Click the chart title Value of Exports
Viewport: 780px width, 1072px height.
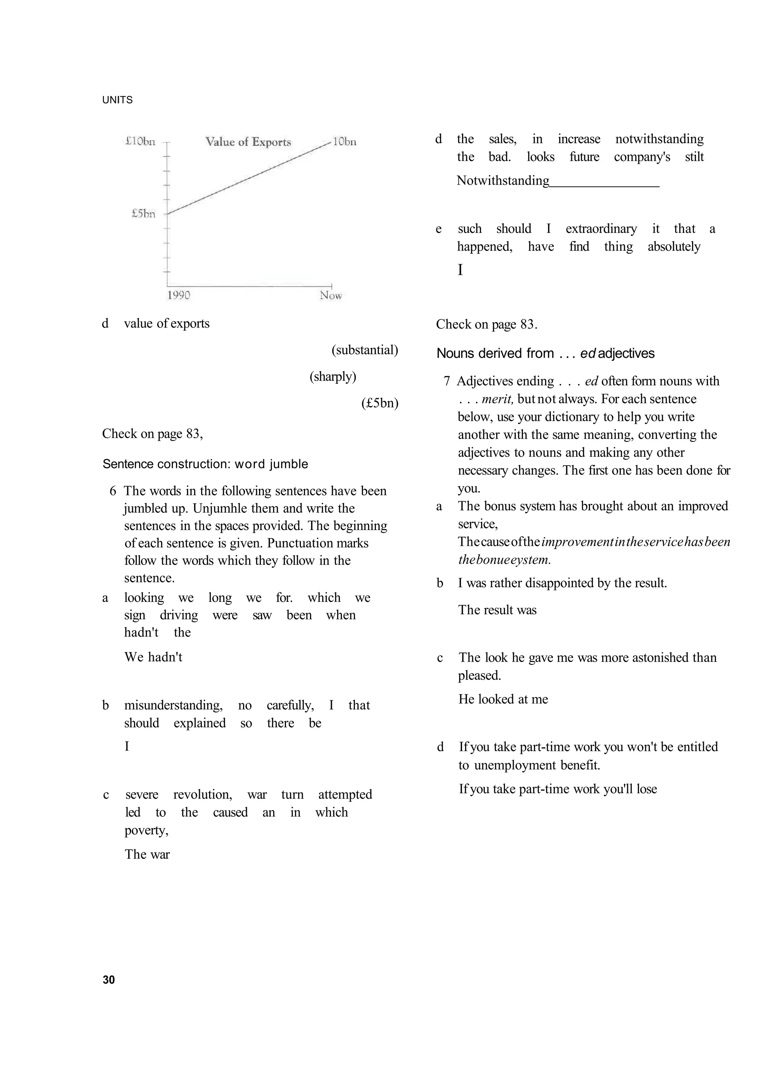[248, 142]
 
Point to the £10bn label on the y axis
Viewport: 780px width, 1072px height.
[140, 141]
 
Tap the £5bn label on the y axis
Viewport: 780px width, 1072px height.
[143, 214]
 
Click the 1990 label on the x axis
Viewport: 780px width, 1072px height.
[178, 295]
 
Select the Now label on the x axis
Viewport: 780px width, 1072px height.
[331, 295]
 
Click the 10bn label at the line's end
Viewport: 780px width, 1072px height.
[344, 142]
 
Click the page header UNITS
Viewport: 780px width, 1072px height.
[117, 100]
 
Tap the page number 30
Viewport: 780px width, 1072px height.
[109, 980]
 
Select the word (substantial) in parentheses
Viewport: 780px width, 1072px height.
[365, 350]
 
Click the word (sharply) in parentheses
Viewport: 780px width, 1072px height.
[332, 377]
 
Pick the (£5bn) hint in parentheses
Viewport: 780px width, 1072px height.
[380, 403]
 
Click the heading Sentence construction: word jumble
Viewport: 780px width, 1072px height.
[205, 464]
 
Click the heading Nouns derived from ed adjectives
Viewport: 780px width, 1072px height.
[545, 354]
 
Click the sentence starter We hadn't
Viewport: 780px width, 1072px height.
[153, 657]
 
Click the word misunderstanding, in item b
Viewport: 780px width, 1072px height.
[173, 705]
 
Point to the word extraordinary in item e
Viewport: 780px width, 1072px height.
[601, 229]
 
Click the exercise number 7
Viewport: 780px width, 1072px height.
[446, 381]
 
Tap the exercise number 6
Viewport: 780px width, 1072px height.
[113, 491]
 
